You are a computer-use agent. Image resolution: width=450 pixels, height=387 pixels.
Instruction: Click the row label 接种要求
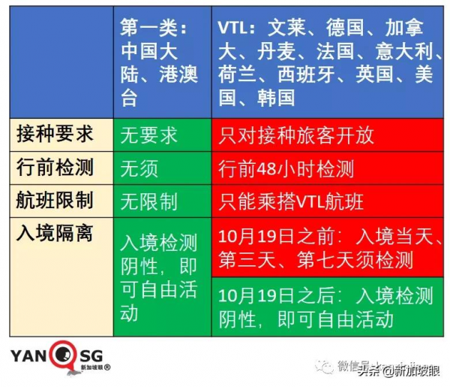[x=55, y=135]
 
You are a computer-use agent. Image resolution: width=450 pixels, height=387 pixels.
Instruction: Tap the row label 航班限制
[x=55, y=201]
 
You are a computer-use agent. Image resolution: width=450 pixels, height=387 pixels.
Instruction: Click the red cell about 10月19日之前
[x=327, y=249]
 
